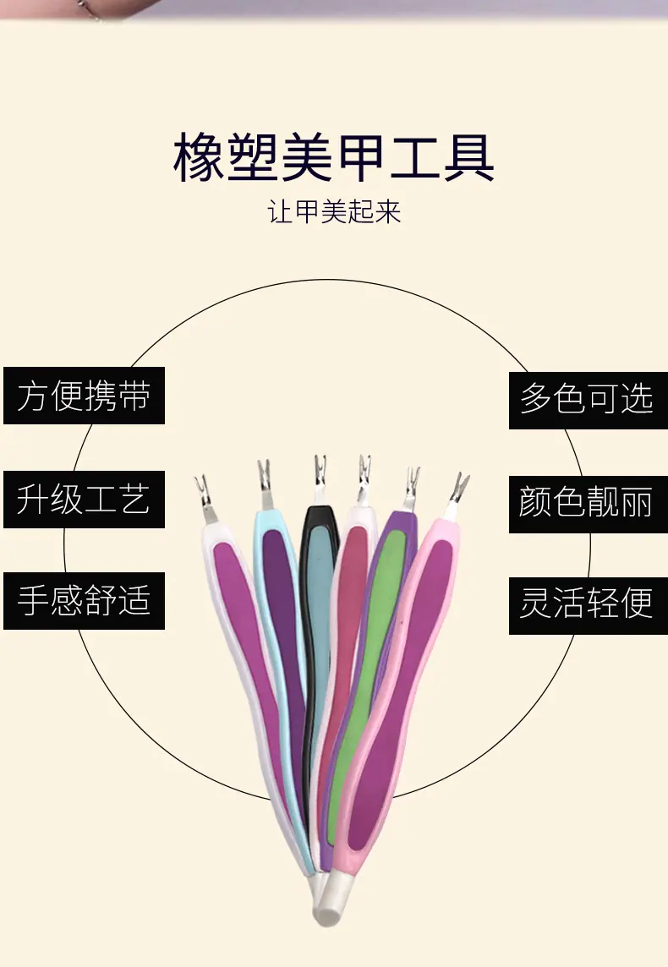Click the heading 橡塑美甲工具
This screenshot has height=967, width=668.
334,157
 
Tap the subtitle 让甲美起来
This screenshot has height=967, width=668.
334,212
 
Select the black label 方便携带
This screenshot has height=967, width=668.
84,396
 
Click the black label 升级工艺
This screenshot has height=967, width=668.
84,499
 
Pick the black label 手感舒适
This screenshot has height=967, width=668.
84,601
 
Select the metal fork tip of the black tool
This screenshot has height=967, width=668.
320,473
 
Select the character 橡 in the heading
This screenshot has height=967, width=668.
199,157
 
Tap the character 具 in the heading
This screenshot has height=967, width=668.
468,157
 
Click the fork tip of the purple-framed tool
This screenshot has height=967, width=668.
411,484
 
